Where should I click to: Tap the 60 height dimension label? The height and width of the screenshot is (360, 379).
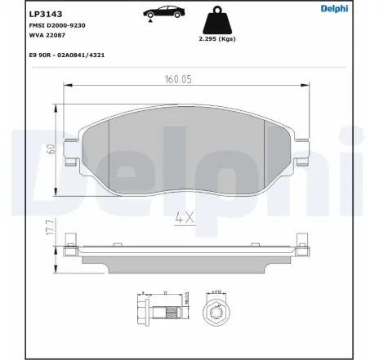click(51, 149)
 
